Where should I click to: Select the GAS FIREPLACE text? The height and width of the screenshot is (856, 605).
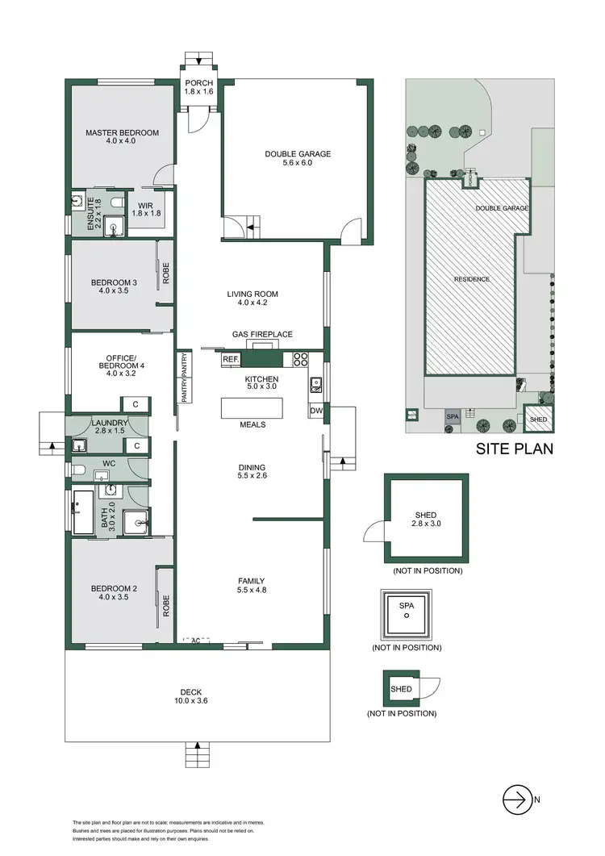(x=262, y=334)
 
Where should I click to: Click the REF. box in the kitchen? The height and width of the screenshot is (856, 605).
(x=230, y=359)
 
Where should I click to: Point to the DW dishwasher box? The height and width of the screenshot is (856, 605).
(x=315, y=411)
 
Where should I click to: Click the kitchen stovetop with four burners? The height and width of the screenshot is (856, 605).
(x=301, y=359)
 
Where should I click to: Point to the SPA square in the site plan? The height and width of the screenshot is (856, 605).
(x=452, y=416)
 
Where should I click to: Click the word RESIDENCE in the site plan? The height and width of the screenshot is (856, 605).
(x=472, y=279)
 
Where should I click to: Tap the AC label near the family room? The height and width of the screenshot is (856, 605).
(x=195, y=641)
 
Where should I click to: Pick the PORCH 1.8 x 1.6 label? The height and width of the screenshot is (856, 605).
(x=198, y=87)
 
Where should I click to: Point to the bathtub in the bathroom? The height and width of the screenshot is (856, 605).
(x=84, y=510)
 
